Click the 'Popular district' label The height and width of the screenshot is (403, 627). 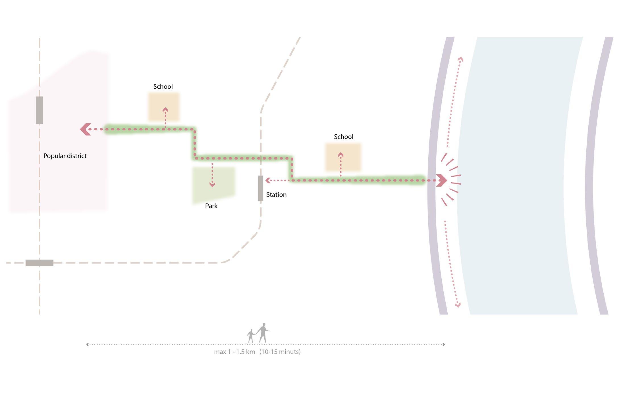point(65,156)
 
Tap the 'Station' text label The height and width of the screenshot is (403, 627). point(276,195)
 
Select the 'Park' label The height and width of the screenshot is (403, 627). point(211,206)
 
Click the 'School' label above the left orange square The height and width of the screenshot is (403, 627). point(163,87)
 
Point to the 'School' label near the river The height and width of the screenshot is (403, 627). point(343,137)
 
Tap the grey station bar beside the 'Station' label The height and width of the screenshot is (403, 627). point(261,188)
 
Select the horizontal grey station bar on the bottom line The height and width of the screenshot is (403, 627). point(40,263)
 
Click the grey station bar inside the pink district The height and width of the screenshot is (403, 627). point(40,110)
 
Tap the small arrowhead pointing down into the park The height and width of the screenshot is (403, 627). point(212,185)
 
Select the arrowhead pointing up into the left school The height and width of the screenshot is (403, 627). point(165,110)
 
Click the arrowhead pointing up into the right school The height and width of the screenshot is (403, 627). point(341,155)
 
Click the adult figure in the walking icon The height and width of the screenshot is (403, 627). point(263,333)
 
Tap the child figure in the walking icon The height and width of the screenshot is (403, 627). point(250,336)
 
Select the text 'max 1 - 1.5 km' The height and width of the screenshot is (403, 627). point(234,352)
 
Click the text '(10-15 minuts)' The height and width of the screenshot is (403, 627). point(280,352)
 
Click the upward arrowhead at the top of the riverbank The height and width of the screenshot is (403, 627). point(460,59)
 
